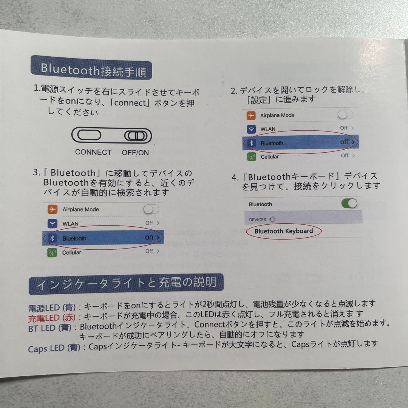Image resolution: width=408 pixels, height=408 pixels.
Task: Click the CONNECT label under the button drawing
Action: (93, 152)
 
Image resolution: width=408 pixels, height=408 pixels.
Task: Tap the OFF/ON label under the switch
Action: (135, 153)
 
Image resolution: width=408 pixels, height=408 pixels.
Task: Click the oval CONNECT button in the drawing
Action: (89, 135)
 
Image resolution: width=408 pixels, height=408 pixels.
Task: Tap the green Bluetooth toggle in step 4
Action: (349, 203)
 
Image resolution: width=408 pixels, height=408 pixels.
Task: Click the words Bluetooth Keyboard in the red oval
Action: (284, 231)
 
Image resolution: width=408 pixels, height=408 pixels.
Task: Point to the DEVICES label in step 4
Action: (258, 219)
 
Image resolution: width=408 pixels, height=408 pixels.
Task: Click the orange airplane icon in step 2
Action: (251, 115)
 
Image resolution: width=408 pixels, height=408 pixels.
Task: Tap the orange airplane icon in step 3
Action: (53, 209)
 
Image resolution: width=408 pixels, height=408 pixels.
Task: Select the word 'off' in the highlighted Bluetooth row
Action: (344, 142)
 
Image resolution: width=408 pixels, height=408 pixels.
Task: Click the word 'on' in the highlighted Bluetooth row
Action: (149, 237)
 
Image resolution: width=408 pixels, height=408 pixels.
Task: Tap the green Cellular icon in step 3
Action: (52, 252)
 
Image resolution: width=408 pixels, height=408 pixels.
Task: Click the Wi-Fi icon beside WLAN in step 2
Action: (251, 129)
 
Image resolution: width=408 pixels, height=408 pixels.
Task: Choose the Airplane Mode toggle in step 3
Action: (151, 209)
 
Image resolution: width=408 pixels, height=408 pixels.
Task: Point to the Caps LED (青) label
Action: (54, 348)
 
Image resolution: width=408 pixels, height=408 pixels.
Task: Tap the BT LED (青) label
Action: (50, 328)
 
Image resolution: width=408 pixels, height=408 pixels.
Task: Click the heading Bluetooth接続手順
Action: (94, 70)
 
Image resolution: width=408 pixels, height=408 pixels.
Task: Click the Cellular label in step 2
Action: (270, 157)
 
